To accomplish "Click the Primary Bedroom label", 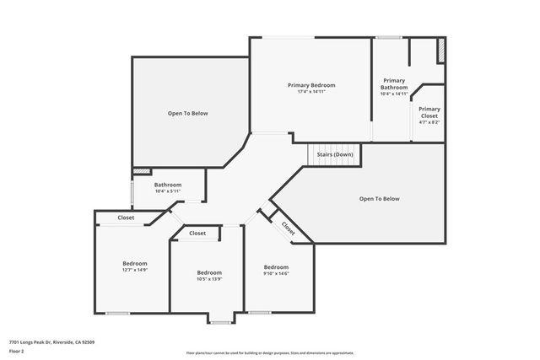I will point(311,85).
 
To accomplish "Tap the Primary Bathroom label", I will point(394,83).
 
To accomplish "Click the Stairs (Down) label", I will point(335,155).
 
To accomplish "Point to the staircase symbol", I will point(334,155).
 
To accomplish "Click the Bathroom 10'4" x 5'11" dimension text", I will point(167,191).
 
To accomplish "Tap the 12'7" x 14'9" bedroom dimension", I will point(135,270).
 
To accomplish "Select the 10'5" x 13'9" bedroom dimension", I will point(209,279).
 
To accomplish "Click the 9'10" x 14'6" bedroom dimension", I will point(276,273).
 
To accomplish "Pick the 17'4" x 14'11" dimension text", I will point(311,93).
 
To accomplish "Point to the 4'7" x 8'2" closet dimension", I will point(429,122).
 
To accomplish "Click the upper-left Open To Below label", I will point(187,113).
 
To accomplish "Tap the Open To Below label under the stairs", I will point(379,199).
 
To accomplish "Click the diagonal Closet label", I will point(289,227).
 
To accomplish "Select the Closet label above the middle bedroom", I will point(197,234).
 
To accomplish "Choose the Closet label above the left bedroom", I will point(126,218).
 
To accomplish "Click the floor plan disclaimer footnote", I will point(269,353).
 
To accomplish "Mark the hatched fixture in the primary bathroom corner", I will point(440,50).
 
